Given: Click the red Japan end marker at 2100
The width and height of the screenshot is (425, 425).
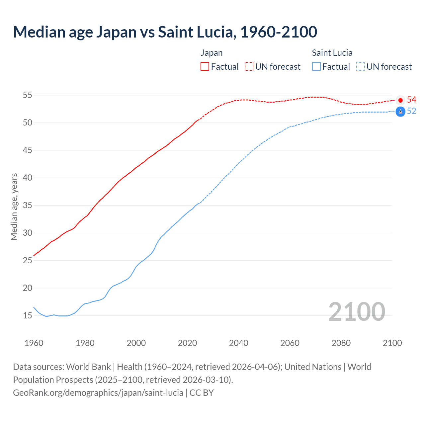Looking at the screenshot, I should click(400, 100).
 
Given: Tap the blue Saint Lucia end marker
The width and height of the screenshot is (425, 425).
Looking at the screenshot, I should click(400, 112).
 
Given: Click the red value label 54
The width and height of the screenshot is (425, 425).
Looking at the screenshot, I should click(411, 100).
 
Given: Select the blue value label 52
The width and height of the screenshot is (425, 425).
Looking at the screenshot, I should click(411, 111).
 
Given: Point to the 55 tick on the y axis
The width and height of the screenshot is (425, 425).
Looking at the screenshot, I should click(27, 95).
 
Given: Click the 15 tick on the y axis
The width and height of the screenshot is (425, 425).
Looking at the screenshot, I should click(27, 315).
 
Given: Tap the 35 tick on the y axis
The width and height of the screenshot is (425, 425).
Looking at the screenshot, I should click(27, 205).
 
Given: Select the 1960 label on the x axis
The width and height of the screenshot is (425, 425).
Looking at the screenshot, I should click(34, 343).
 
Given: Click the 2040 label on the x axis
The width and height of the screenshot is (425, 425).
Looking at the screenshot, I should click(238, 343).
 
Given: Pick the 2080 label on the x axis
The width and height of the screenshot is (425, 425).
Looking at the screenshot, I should click(341, 343).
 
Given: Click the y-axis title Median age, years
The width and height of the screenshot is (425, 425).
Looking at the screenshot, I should click(14, 207).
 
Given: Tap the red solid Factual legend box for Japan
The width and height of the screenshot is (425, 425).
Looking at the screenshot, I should click(205, 67).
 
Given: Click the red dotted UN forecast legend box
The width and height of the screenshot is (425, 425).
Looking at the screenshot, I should click(249, 67).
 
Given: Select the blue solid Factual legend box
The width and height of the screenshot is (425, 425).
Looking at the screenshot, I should click(316, 67).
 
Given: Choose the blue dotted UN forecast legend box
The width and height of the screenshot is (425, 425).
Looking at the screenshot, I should click(361, 67).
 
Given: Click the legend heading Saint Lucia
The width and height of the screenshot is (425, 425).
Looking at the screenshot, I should click(332, 53).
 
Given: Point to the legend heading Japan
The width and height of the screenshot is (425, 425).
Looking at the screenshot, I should click(212, 53).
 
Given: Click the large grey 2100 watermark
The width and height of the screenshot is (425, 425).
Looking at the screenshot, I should click(357, 312).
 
